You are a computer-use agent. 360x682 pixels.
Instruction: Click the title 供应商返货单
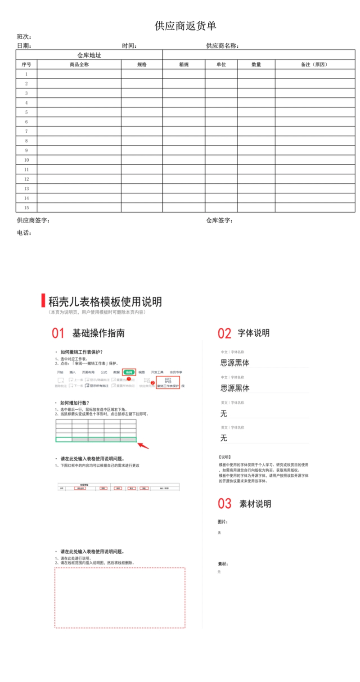185,26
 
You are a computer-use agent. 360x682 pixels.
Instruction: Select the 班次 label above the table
24,37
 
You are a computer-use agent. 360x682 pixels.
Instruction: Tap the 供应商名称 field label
222,45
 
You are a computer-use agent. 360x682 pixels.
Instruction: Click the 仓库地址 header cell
89,55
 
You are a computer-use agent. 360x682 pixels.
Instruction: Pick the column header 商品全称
79,65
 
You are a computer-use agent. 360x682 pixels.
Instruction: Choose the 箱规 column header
184,65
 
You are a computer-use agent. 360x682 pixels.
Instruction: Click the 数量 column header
256,65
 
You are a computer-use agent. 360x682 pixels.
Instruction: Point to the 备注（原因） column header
314,65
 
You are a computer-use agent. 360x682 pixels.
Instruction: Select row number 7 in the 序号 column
27,131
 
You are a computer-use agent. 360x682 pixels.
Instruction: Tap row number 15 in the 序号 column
27,208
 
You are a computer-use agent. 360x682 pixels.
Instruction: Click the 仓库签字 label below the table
219,221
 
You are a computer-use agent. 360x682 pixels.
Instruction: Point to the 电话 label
24,233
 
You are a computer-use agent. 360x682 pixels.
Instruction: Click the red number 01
58,334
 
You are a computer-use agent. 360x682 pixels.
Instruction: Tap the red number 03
225,504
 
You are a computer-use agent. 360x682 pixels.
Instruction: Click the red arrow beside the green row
144,445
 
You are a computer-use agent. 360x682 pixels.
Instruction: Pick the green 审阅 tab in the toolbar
129,373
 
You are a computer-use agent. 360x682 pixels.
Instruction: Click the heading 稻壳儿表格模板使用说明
105,302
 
